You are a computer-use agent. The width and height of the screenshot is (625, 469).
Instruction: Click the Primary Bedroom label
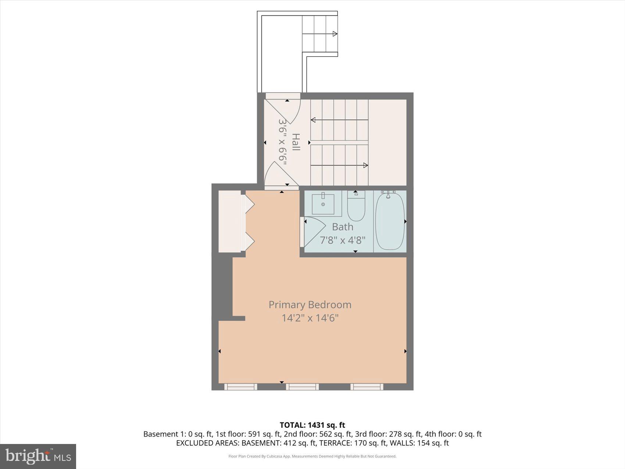click(310, 305)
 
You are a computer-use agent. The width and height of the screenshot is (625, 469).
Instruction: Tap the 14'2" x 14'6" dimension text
click(310, 318)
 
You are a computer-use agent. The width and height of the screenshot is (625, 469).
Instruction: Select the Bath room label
click(342, 227)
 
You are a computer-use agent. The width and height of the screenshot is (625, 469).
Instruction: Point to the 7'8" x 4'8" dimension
click(342, 240)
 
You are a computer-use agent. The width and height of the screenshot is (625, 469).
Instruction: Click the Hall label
click(296, 142)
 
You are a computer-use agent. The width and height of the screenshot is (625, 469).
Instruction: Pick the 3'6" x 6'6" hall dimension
click(282, 142)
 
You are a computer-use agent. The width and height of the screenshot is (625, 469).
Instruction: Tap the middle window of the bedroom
click(302, 387)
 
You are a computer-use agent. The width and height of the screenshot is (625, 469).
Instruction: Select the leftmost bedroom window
click(240, 387)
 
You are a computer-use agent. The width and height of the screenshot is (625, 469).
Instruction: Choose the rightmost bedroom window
click(367, 387)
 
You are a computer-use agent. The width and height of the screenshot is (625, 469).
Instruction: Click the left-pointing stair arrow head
click(313, 120)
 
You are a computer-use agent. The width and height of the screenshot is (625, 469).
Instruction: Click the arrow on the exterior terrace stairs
click(335, 34)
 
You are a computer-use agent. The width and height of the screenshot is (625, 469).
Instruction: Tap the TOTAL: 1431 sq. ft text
click(312, 425)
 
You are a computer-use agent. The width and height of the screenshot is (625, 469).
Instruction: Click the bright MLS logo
click(38, 456)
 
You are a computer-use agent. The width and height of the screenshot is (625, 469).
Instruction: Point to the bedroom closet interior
click(229, 221)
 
